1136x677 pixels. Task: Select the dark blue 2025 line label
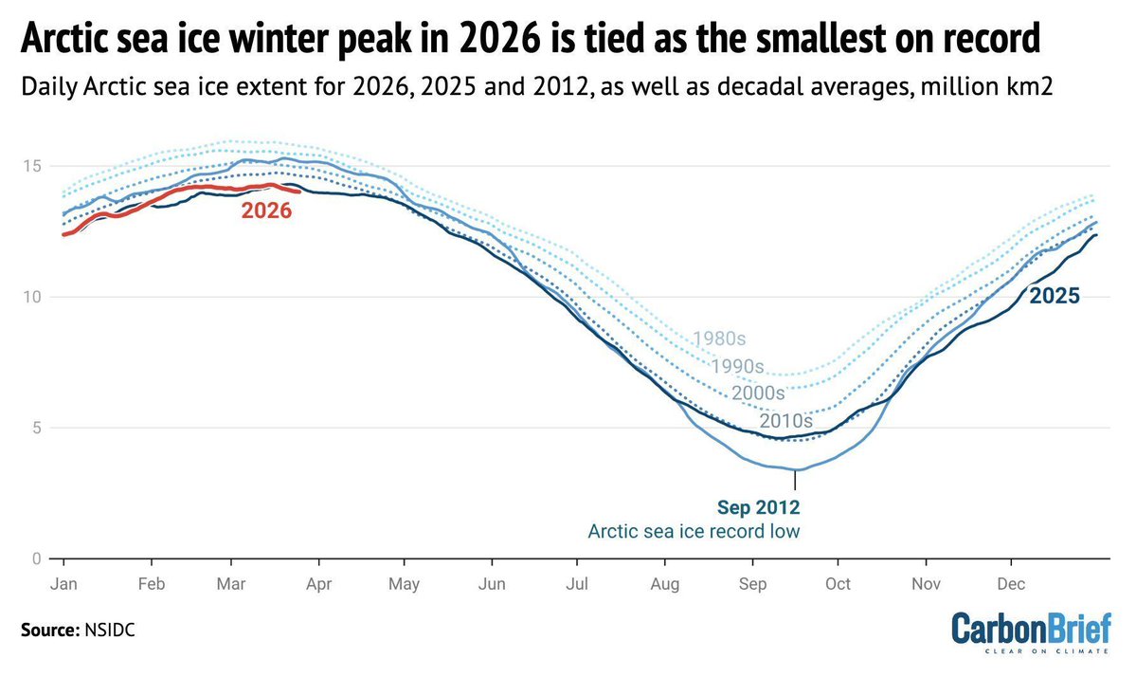pyautogui.click(x=1055, y=296)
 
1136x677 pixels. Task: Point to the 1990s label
pyautogui.click(x=739, y=366)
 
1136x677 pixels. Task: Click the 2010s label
pyautogui.click(x=786, y=420)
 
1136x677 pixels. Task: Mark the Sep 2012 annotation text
pyautogui.click(x=759, y=506)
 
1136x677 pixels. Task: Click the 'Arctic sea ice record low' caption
pyautogui.click(x=694, y=531)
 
